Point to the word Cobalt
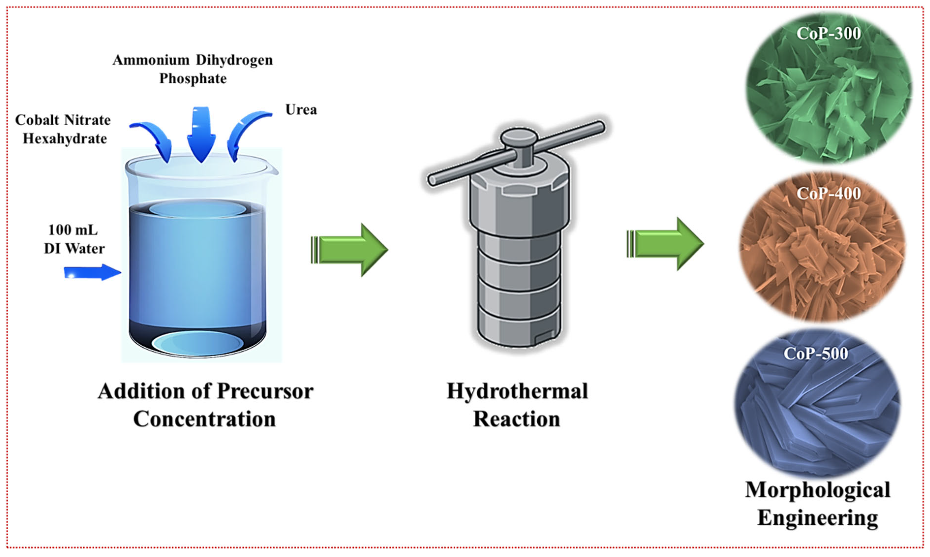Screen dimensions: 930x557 (x=36, y=120)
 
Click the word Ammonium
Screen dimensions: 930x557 (x=151, y=60)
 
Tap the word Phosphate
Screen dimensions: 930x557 (x=193, y=79)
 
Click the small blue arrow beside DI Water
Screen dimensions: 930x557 (x=92, y=272)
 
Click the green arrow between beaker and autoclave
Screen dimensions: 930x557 (x=349, y=249)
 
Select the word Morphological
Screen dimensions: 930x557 (x=818, y=490)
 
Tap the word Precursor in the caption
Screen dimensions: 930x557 (x=265, y=391)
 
